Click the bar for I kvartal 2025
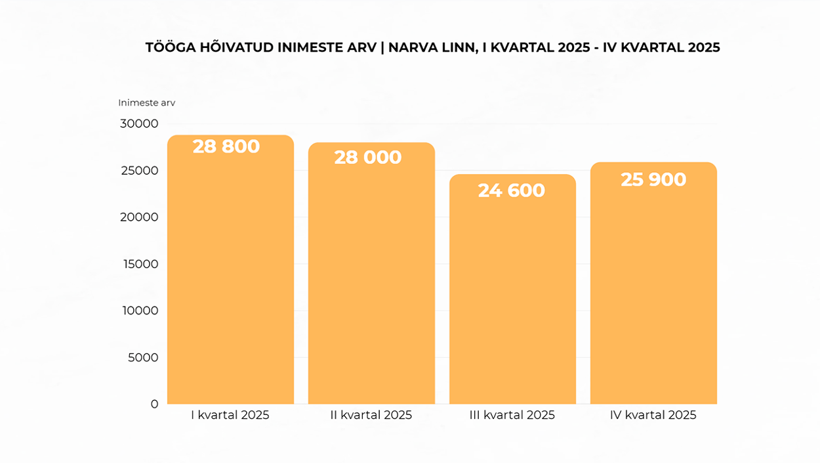(x=230, y=276)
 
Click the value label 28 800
(x=226, y=146)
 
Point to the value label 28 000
(x=368, y=158)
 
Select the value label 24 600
(x=512, y=190)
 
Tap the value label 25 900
(x=653, y=179)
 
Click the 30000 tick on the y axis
(x=139, y=123)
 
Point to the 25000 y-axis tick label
(x=139, y=170)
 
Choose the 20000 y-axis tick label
(x=139, y=217)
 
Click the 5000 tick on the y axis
(x=143, y=357)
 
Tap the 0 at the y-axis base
(x=154, y=404)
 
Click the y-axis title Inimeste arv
(x=146, y=102)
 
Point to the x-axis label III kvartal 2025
(x=512, y=415)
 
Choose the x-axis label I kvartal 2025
(x=230, y=415)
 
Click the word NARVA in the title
(x=411, y=47)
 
